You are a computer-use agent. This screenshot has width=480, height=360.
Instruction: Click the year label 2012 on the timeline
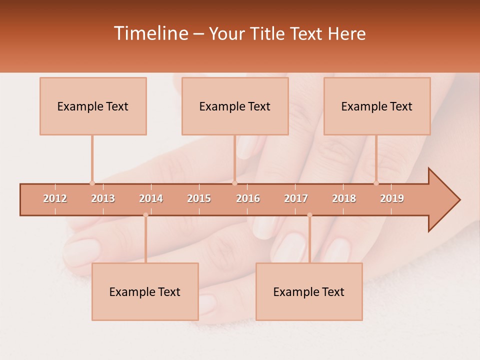point(55,198)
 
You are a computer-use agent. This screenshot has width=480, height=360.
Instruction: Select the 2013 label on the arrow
point(103,198)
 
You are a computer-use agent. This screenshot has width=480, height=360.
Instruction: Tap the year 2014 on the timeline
point(151,198)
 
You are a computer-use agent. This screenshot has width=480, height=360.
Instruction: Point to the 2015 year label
point(199,198)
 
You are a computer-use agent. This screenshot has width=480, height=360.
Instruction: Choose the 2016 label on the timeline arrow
point(248,198)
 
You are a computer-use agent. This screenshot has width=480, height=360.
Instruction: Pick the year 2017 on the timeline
point(296,198)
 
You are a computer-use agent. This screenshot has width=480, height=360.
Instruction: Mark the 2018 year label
point(344,198)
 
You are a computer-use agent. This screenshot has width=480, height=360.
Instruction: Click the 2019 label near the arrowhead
point(392,198)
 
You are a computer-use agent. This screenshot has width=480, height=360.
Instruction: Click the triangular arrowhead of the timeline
point(442,200)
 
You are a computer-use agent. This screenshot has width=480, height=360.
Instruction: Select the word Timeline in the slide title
point(150,33)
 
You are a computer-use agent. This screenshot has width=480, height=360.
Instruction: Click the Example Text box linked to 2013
point(93,106)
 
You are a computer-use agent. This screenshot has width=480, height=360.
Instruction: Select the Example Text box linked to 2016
point(235,106)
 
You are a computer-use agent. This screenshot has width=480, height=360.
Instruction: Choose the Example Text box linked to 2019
point(377,106)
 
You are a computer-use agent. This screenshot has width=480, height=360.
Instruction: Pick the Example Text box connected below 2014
point(145,292)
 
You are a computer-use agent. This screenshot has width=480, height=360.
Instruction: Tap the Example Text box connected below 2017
point(309,292)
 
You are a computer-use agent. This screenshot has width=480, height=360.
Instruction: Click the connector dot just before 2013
point(92,183)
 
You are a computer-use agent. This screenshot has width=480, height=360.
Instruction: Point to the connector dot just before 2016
point(234,183)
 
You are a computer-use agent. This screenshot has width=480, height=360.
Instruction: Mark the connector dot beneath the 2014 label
point(145,215)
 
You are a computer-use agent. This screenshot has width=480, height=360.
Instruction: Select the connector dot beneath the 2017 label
point(309,215)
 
